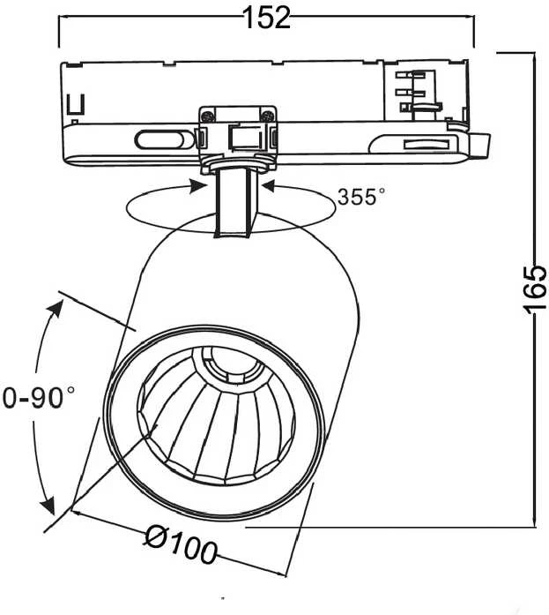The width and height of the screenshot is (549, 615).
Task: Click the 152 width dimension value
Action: tap(267, 18)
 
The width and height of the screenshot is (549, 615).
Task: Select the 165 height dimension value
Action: tap(535, 289)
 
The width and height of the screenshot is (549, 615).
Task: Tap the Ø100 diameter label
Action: tap(181, 544)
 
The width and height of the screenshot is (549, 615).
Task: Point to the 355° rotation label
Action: tap(360, 197)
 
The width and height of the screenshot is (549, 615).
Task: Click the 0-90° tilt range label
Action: tap(38, 397)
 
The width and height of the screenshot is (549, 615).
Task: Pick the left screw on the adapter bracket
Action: tap(208, 116)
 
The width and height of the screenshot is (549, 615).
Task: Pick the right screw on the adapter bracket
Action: tap(268, 116)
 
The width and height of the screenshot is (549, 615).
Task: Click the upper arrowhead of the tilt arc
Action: tap(56, 308)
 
